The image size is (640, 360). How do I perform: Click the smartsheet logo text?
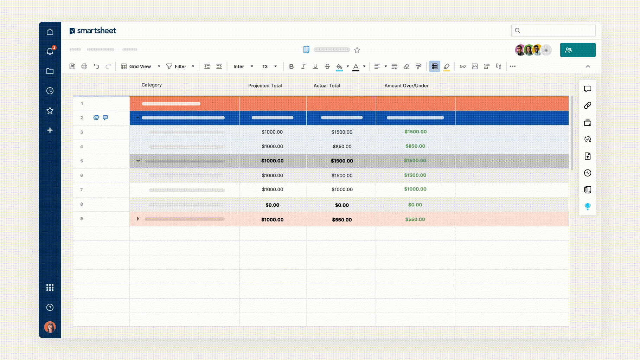[x=96, y=31]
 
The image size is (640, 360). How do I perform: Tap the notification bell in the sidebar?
[x=50, y=51]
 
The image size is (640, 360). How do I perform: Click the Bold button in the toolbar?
[x=291, y=66]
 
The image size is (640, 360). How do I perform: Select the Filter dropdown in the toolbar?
[x=180, y=66]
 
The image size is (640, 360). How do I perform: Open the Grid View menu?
[x=140, y=66]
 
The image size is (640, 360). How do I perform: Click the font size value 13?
[x=265, y=66]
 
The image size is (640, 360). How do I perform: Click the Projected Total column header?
[x=265, y=86]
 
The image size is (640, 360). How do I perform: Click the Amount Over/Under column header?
[x=406, y=86]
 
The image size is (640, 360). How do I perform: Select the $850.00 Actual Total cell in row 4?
[x=342, y=147]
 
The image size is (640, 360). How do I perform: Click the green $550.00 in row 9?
[x=415, y=219]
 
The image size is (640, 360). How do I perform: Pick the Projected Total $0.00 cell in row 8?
[x=272, y=205]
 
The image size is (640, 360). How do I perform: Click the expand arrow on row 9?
[x=138, y=219]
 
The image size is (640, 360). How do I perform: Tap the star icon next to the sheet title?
[x=357, y=50]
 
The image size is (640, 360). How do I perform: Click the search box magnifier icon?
[x=518, y=31]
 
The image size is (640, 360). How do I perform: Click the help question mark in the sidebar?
[x=50, y=307]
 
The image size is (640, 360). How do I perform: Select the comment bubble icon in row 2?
[x=105, y=117]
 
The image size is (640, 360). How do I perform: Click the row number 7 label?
[x=82, y=190]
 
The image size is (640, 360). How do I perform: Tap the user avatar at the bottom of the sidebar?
[x=50, y=327]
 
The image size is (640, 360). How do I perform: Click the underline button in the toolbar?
[x=315, y=66]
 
